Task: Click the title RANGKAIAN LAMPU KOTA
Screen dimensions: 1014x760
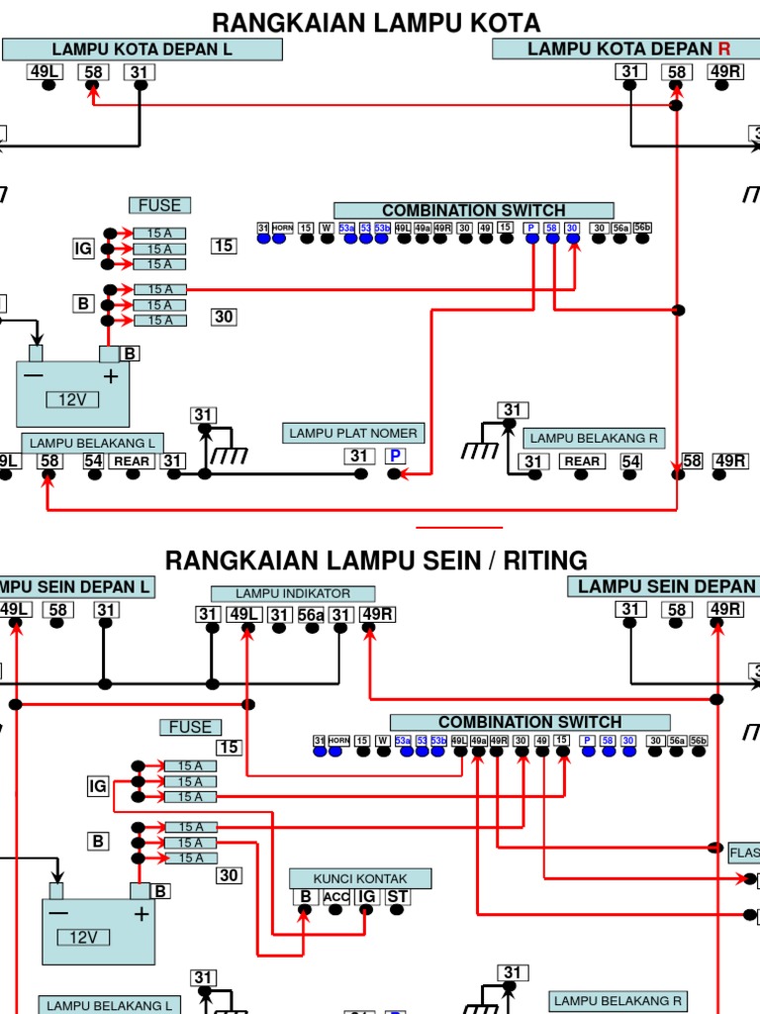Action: click(377, 22)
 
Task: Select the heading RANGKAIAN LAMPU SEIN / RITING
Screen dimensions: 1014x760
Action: click(376, 560)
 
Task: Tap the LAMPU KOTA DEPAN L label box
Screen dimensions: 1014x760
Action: click(142, 50)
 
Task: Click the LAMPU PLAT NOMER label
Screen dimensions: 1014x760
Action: click(353, 434)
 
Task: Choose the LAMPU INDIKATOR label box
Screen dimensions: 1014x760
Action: click(292, 593)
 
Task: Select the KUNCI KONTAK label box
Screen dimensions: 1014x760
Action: click(360, 878)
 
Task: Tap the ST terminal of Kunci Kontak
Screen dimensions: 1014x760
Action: click(397, 897)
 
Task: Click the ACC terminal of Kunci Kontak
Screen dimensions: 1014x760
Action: click(336, 897)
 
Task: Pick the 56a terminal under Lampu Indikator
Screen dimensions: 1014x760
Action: click(311, 615)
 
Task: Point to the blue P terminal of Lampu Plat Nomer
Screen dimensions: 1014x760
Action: click(395, 456)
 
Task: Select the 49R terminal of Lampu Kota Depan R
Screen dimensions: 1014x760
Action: click(724, 71)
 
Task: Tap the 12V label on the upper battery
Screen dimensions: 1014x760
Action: click(72, 400)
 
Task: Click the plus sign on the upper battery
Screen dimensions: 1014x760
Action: click(111, 376)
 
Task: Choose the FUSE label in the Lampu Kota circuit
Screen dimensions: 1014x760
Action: click(159, 205)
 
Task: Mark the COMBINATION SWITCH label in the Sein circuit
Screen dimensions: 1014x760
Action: click(529, 723)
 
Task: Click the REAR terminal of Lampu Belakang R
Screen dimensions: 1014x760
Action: click(582, 461)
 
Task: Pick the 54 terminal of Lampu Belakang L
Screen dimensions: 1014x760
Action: click(93, 460)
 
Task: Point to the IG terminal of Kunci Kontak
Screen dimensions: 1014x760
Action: click(366, 897)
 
